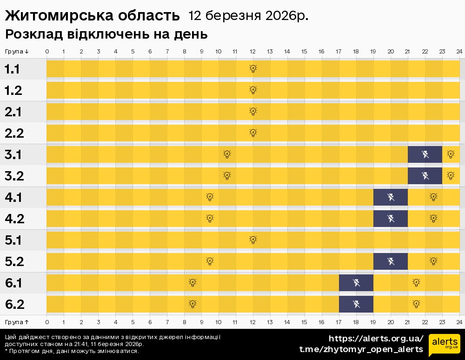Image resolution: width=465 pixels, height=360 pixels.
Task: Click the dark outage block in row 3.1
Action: (x=425, y=154)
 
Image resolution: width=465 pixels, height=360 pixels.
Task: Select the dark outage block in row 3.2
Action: (x=425, y=176)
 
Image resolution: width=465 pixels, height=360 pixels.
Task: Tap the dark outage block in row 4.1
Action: (x=390, y=197)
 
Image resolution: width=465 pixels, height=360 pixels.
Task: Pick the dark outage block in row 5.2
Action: (x=390, y=261)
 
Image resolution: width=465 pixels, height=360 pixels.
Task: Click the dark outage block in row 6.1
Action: (x=356, y=283)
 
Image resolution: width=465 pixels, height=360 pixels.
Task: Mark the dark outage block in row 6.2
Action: (x=356, y=304)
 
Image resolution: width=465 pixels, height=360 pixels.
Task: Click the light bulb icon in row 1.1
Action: (x=253, y=69)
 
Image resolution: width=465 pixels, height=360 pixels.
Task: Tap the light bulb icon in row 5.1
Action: (x=253, y=240)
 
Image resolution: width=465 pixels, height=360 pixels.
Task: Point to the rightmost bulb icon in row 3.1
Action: (x=451, y=154)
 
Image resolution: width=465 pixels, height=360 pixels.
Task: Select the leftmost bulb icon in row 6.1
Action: (x=193, y=283)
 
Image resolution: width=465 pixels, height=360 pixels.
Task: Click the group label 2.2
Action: (x=14, y=133)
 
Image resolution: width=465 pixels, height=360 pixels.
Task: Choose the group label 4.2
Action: (x=14, y=219)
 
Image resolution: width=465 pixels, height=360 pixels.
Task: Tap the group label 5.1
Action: (x=14, y=240)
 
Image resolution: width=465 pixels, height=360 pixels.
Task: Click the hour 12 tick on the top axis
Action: (x=252, y=51)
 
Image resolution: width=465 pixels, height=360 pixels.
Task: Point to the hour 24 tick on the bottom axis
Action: (x=459, y=321)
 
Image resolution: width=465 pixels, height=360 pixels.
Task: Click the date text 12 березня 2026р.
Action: (x=248, y=16)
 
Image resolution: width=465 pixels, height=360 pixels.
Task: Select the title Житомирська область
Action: (x=92, y=16)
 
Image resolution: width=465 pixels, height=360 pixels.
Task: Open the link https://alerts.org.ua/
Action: (x=376, y=338)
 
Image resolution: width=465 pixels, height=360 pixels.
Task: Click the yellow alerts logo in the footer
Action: (x=444, y=344)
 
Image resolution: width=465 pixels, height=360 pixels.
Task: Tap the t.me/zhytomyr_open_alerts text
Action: (x=361, y=349)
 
